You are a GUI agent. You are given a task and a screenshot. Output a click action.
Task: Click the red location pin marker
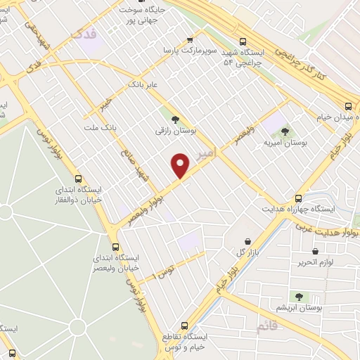tap(181, 165)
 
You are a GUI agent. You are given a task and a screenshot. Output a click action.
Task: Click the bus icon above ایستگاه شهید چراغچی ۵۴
tap(243, 41)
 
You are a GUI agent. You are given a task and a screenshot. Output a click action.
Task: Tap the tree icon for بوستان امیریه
tap(285, 131)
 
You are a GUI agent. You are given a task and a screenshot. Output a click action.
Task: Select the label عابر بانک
tap(139, 84)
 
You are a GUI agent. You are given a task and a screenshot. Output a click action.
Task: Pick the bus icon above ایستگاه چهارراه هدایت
tap(298, 198)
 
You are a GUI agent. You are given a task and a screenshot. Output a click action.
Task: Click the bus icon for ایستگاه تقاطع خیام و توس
tap(184, 326)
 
